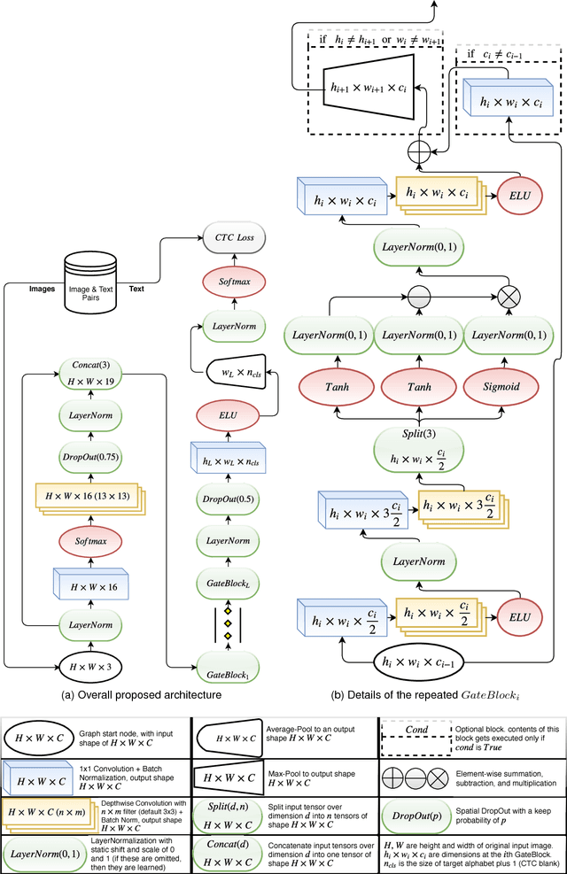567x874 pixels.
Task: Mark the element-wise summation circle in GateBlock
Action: click(417, 151)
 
